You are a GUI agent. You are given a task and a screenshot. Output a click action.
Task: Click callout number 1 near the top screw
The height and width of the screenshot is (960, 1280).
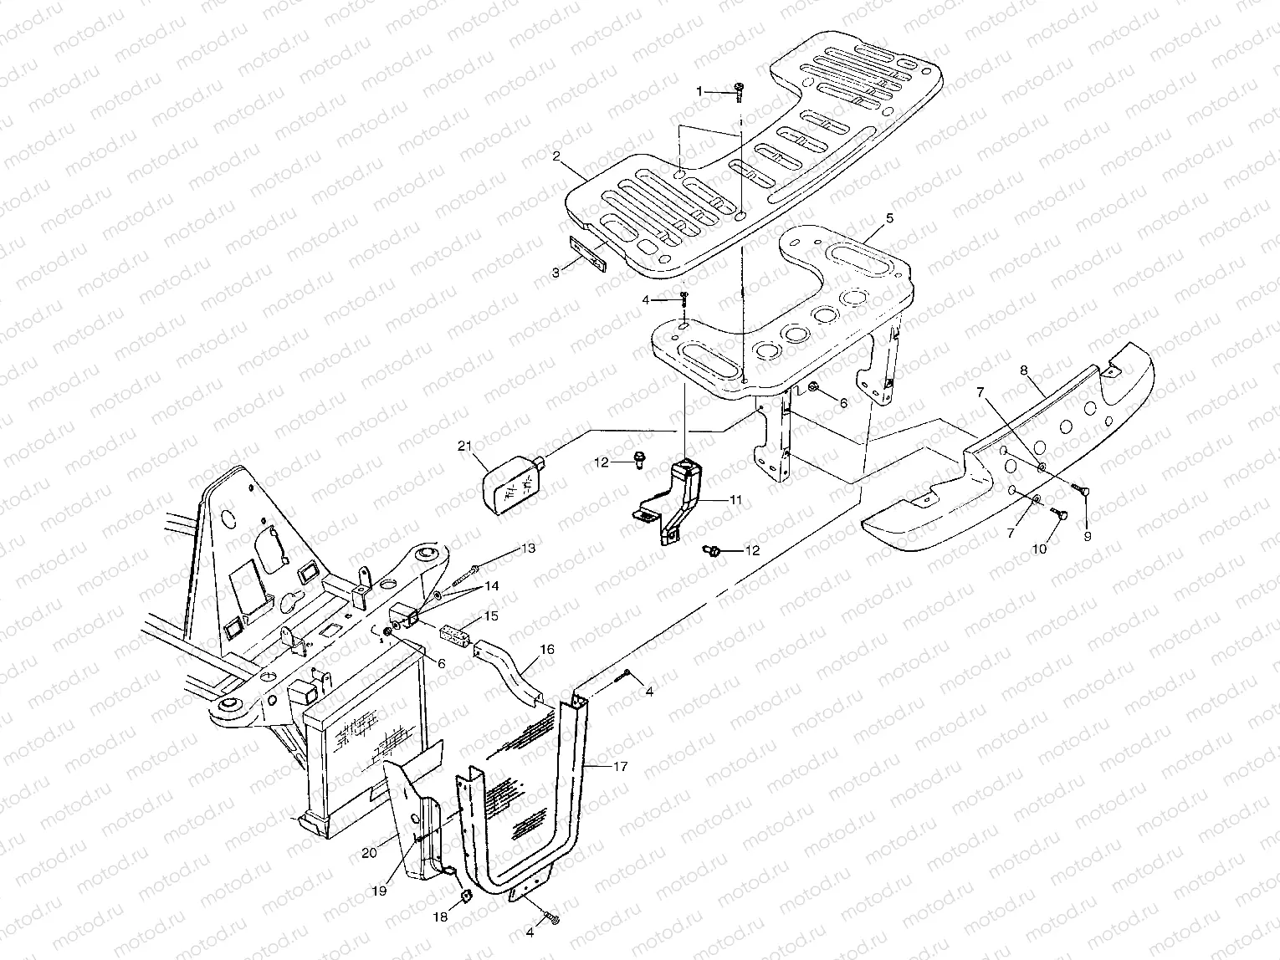click(x=702, y=90)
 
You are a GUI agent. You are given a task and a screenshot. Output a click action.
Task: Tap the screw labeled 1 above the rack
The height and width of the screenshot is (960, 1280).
click(x=740, y=91)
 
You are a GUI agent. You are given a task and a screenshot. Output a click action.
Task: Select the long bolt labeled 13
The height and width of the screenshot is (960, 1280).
click(x=467, y=574)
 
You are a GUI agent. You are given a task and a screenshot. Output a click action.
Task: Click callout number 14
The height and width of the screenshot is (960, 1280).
click(x=490, y=586)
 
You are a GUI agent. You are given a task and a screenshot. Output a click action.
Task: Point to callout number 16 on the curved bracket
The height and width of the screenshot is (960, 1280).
click(x=546, y=648)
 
